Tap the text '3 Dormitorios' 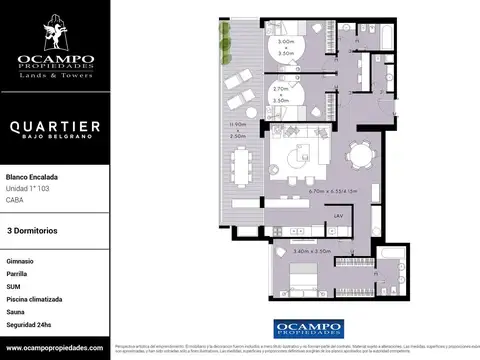click(32, 231)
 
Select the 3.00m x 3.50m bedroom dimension click(287, 45)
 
